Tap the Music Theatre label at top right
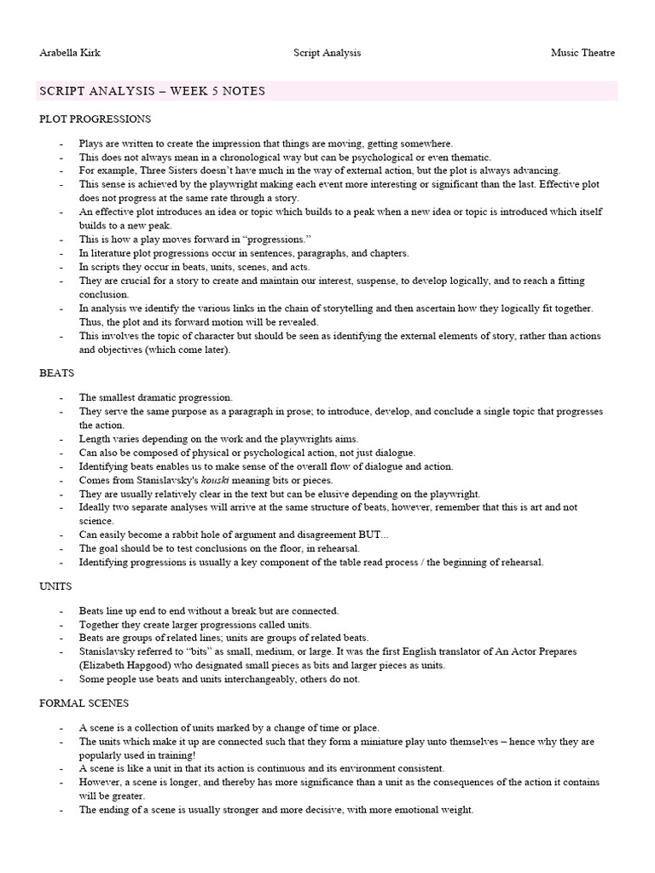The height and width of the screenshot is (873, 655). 583,53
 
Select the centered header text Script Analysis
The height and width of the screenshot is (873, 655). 327,53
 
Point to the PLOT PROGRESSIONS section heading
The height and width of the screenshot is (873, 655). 95,119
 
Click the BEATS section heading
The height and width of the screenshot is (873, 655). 56,373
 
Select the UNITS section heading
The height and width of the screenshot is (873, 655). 55,587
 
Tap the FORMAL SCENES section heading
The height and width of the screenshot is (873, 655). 84,703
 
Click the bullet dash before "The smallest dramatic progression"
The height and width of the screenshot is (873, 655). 61,398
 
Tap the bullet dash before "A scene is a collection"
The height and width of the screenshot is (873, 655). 61,727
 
